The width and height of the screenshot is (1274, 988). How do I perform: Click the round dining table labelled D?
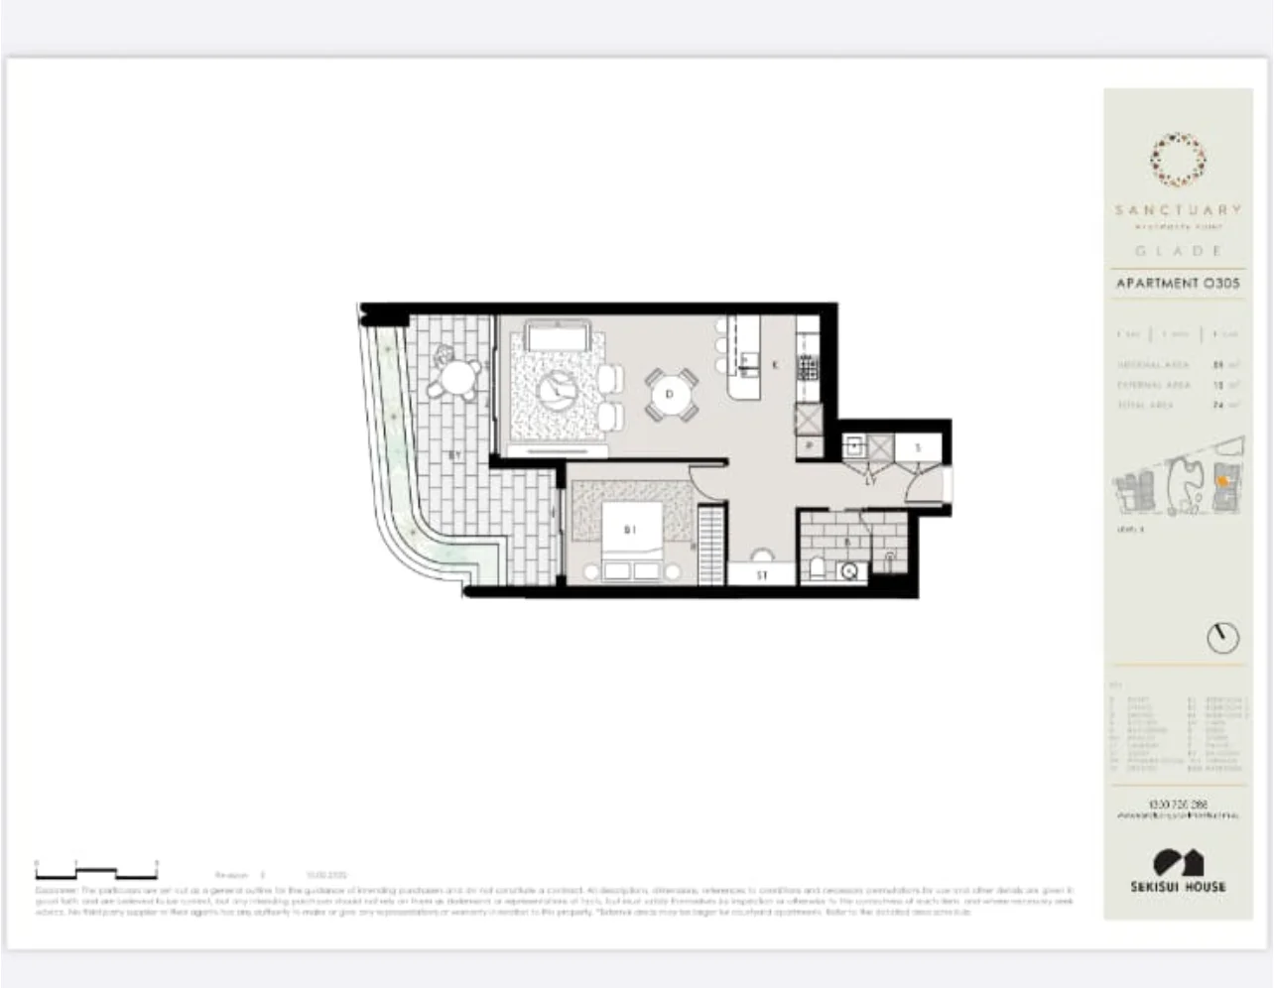(x=671, y=395)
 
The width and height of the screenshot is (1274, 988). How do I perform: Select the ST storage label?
(x=762, y=574)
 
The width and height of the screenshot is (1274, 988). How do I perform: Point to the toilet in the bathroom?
(x=817, y=568)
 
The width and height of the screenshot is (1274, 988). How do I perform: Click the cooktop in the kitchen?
(x=808, y=369)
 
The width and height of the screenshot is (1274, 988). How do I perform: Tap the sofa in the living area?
(x=558, y=336)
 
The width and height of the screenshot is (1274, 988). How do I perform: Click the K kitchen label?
(x=775, y=364)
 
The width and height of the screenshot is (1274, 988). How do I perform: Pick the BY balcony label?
(x=453, y=455)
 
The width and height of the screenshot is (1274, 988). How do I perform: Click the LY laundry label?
(x=870, y=481)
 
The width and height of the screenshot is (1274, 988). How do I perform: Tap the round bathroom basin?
(x=849, y=571)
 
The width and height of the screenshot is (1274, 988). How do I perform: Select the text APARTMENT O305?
(x=1177, y=284)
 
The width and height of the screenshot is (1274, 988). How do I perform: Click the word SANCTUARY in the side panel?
(x=1177, y=209)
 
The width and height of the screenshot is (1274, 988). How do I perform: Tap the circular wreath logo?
(x=1178, y=162)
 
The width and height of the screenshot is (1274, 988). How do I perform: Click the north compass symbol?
(x=1222, y=638)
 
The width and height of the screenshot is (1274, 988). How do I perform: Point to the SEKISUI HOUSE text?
(x=1178, y=886)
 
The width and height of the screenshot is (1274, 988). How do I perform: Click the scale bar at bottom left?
(x=96, y=873)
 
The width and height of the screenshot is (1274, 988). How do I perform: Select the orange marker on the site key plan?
(x=1223, y=481)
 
